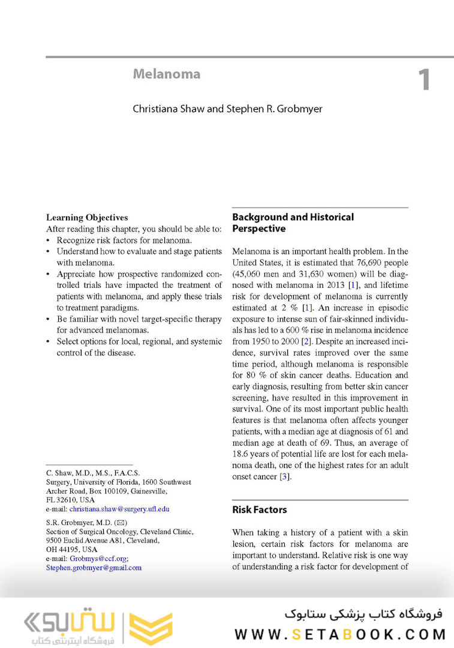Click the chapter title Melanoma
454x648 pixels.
pyautogui.click(x=166, y=74)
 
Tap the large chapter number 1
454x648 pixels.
pyautogui.click(x=424, y=80)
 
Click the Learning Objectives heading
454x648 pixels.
pyautogui.click(x=87, y=218)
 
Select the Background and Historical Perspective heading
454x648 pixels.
pyautogui.click(x=293, y=223)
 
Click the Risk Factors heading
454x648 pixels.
pyautogui.click(x=259, y=510)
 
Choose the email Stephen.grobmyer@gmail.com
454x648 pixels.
pyautogui.click(x=94, y=568)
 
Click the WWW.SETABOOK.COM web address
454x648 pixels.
pyautogui.click(x=340, y=634)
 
